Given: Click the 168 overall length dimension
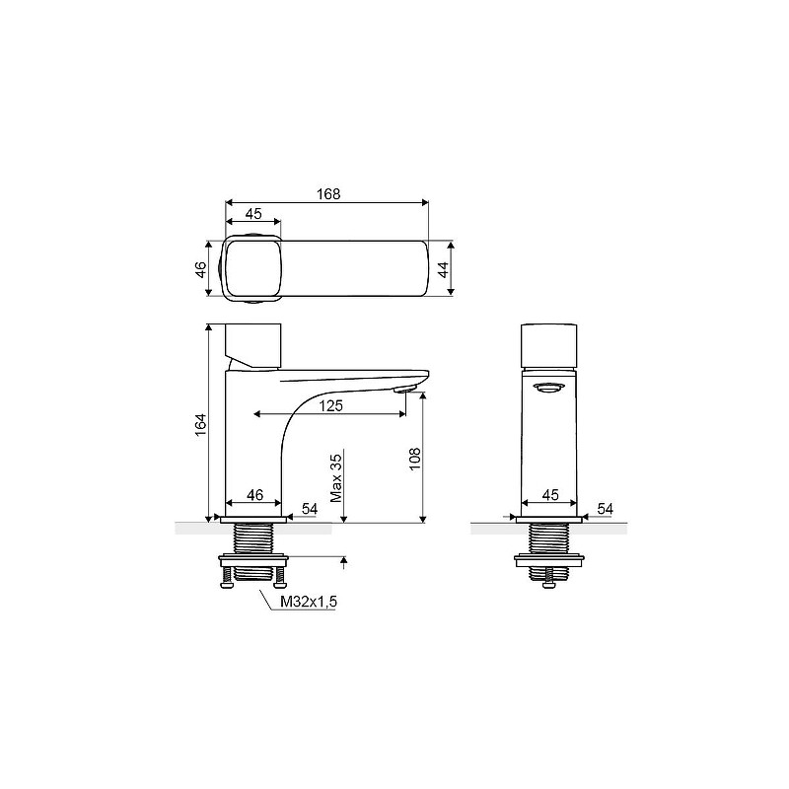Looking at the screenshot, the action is click(328, 194).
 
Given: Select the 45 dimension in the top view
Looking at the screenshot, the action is click(253, 214).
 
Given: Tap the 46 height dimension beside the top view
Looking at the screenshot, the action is click(201, 269).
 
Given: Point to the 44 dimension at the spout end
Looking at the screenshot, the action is click(443, 269).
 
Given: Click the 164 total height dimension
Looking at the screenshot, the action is click(201, 425).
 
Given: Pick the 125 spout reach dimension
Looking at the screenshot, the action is click(330, 405).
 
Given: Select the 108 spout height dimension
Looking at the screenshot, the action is click(414, 459).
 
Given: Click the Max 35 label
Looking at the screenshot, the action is click(335, 478).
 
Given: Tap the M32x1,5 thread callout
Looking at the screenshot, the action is click(309, 602).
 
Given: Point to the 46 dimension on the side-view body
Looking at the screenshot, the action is click(254, 495).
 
